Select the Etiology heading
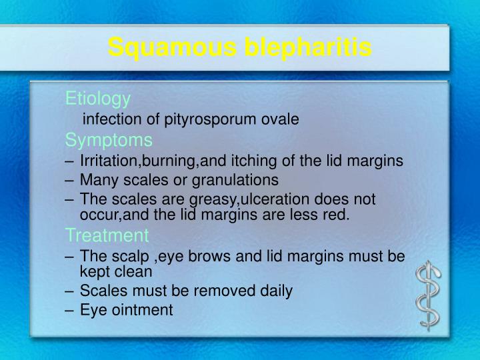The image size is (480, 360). [98, 99]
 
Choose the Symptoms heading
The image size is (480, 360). [109, 141]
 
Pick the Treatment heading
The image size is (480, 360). [107, 235]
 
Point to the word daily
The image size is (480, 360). [273, 291]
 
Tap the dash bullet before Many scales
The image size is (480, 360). [71, 180]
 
